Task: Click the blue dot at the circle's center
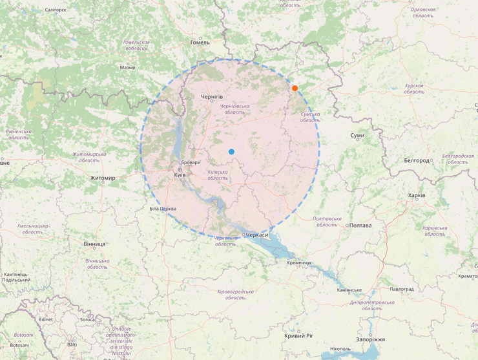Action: [x=231, y=151]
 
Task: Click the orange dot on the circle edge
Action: [x=295, y=88]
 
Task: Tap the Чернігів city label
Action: [x=212, y=96]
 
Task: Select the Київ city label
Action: [x=180, y=175]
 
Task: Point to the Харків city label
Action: [x=417, y=195]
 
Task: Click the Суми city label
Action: [x=357, y=135]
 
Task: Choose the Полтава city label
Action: [x=360, y=226]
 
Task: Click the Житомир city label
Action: [x=103, y=178]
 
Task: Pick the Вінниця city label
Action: [x=94, y=244]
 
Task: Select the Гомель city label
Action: [x=200, y=42]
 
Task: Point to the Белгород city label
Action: [x=417, y=160]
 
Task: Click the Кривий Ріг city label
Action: [x=298, y=335]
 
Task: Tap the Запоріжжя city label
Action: [x=370, y=339]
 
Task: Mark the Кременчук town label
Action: [x=299, y=262]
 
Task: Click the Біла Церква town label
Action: [x=163, y=209]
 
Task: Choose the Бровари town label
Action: [x=191, y=162]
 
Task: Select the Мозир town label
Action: [x=128, y=67]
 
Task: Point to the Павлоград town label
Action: [x=401, y=289]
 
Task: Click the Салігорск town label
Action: [x=56, y=10]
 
